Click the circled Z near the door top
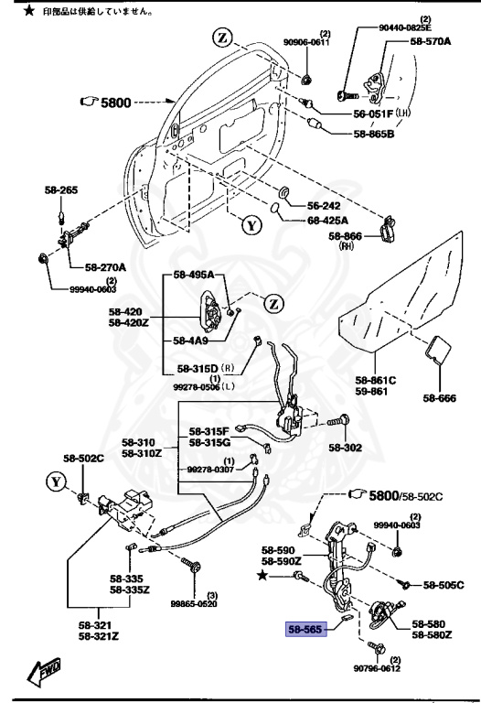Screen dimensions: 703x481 223,38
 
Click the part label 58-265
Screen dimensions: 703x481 61,190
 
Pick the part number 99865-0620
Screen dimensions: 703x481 195,604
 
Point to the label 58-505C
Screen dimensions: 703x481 442,583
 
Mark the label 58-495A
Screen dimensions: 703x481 193,275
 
